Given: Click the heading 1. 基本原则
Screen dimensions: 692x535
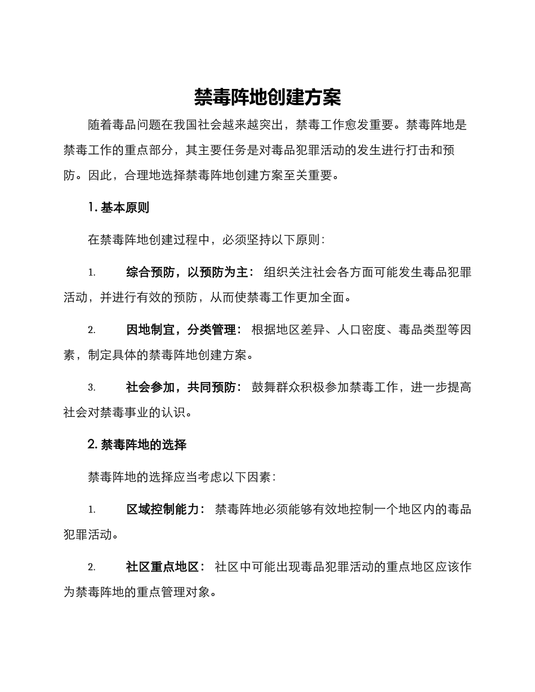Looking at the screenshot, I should click(x=119, y=208).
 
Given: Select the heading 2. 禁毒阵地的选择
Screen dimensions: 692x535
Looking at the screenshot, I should click(x=137, y=444).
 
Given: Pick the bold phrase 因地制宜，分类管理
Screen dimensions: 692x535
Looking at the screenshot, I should click(x=184, y=330).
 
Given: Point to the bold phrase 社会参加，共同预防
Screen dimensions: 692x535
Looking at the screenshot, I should click(x=184, y=388).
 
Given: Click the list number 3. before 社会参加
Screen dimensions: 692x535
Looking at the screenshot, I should click(x=92, y=388).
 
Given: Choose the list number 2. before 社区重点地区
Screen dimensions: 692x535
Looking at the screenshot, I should click(x=92, y=567).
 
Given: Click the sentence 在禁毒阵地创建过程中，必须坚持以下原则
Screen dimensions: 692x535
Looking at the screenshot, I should click(x=206, y=240).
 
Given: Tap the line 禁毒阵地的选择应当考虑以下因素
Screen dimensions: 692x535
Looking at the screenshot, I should click(x=181, y=477).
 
